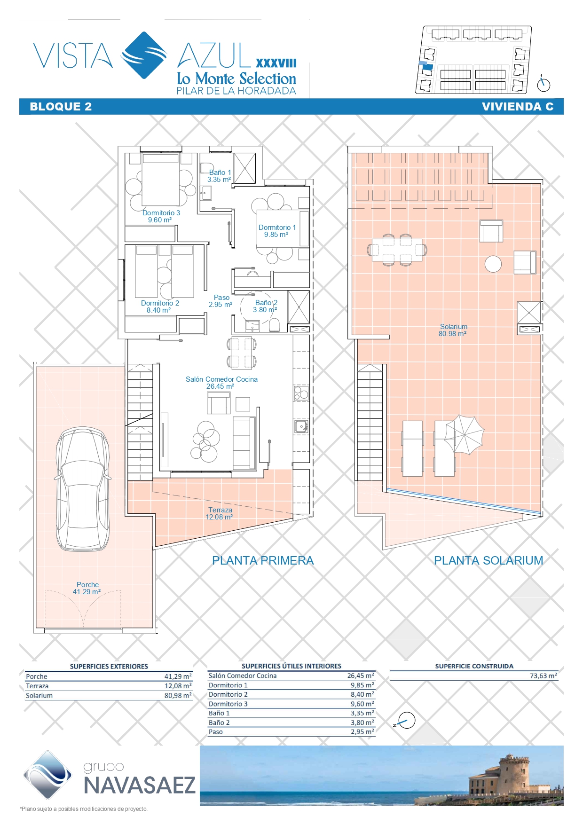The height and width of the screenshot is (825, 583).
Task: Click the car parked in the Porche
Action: click(x=83, y=489)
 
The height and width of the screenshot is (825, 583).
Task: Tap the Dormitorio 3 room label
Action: click(x=161, y=216)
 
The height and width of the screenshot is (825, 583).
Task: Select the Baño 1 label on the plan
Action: click(x=220, y=176)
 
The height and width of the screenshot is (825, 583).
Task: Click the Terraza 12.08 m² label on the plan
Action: click(x=220, y=513)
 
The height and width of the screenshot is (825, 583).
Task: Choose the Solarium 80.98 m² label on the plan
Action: click(x=453, y=330)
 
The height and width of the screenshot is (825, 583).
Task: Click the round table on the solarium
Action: click(x=493, y=264)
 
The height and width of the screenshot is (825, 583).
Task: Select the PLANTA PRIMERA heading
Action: click(x=263, y=560)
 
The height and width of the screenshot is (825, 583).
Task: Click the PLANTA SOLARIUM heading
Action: click(x=488, y=560)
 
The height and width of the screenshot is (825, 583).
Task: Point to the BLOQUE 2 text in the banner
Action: click(x=61, y=107)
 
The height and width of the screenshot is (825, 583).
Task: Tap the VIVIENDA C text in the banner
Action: click(x=518, y=107)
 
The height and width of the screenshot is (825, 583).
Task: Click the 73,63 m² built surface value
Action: click(x=544, y=676)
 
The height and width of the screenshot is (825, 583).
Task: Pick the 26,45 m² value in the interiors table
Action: click(x=361, y=676)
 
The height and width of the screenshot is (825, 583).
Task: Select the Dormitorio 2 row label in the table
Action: click(x=228, y=694)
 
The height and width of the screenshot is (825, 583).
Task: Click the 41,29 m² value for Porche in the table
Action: click(x=178, y=676)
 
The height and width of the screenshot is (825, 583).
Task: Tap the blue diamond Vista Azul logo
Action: click(x=144, y=55)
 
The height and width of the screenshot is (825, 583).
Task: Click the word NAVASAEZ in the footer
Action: click(x=140, y=786)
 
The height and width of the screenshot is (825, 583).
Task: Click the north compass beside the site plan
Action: click(x=544, y=84)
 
